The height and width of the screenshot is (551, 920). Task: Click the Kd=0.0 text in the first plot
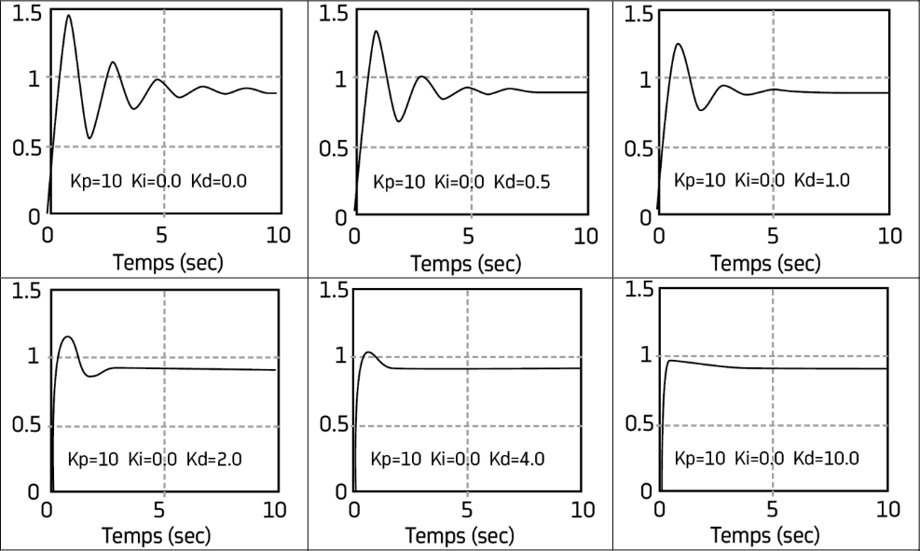coord(219,182)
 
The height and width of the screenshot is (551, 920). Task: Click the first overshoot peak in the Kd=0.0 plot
coord(68,15)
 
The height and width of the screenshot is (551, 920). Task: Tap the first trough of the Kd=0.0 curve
coord(89,138)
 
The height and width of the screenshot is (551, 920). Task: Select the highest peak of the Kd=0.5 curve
coord(376,32)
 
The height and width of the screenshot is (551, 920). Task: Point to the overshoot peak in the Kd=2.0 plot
coord(66,337)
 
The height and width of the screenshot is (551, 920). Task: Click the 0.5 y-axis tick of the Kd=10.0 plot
coord(629,427)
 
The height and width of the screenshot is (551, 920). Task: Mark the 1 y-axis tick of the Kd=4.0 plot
coord(341,356)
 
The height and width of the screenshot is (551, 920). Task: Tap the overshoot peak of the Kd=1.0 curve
coord(679,44)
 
